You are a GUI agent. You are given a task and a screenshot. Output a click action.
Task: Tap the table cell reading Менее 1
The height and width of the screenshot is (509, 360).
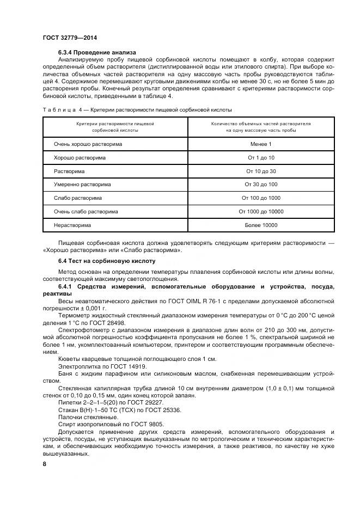[x=261, y=144]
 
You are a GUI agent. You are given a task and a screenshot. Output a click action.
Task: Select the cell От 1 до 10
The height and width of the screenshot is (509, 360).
[x=261, y=157]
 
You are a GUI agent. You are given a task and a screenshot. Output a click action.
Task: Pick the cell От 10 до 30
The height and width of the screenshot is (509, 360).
[x=261, y=171]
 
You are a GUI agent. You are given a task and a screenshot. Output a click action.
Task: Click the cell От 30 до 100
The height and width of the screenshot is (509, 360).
[x=261, y=185]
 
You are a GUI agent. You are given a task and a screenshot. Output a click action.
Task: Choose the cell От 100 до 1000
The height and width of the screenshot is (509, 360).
[x=261, y=198]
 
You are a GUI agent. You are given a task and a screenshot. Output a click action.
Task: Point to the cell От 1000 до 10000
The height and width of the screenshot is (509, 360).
[x=261, y=211]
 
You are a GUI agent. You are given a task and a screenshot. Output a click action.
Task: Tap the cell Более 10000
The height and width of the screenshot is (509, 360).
[x=261, y=225]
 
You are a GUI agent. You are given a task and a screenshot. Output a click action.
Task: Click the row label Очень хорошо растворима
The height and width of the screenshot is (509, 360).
[x=88, y=144]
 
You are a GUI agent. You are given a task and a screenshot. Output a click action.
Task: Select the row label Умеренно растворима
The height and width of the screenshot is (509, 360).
[x=82, y=185]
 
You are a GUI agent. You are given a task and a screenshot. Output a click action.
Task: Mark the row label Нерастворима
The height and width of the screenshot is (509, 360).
[x=72, y=225]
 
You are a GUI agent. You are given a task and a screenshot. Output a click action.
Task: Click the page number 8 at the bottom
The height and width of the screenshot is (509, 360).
[x=45, y=464]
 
